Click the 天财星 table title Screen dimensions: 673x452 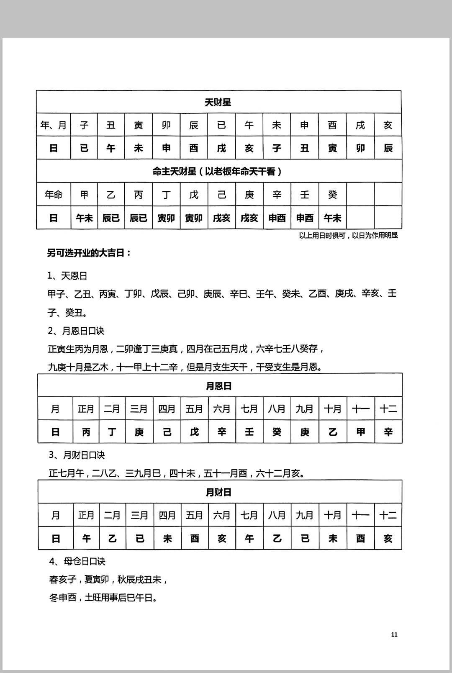pos(218,102)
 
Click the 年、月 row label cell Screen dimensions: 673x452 pos(54,125)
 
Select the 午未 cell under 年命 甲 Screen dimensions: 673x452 pos(84,218)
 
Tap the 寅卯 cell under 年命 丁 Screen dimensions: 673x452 pos(166,218)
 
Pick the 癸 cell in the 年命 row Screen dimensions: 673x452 pos(332,195)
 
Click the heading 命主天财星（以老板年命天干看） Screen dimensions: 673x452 pos(218,171)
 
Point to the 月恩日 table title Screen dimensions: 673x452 pos(219,386)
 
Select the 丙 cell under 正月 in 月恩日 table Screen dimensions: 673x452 pos(86,432)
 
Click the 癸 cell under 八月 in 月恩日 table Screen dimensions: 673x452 pos(277,432)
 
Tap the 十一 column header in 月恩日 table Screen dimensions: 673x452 pos(360,408)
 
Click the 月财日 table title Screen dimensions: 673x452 pos(219,492)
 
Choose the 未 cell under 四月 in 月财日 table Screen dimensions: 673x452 pos(167,538)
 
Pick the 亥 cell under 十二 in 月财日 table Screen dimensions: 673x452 pos(388,538)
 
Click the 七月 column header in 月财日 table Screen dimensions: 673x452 pos(249,515)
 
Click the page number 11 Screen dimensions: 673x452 pos(394,634)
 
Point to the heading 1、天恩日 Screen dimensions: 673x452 pos(67,276)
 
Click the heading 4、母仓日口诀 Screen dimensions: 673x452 pos(77,561)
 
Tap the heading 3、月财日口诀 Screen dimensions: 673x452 pos(77,455)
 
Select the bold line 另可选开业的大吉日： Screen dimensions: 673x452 pos(89,253)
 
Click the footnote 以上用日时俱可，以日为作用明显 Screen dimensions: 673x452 pos(348,236)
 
